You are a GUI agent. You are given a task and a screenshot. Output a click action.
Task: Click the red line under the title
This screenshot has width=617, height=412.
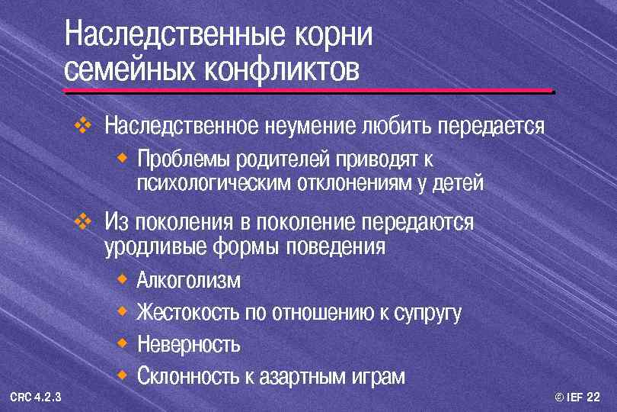pyautogui.click(x=308, y=92)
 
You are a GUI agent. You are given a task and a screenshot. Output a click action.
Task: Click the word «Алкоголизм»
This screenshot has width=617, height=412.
pyautogui.click(x=189, y=281)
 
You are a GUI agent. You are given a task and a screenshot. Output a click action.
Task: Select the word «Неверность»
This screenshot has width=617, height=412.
pyautogui.click(x=189, y=345)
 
